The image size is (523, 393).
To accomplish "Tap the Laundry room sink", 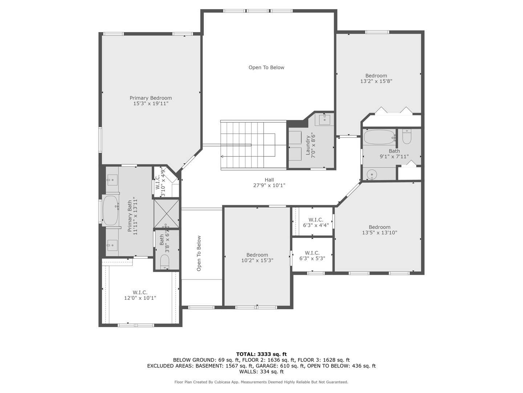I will [x=324, y=119].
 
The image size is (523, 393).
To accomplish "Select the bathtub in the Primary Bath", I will [x=110, y=211].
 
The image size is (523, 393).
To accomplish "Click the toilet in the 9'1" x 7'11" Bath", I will [x=406, y=137].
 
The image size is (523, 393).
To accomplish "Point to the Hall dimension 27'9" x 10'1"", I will [x=269, y=185].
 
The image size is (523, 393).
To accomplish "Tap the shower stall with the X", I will [x=166, y=213].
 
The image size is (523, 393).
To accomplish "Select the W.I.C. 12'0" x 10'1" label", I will [x=140, y=295].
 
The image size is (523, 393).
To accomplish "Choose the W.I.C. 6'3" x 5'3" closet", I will [x=312, y=255].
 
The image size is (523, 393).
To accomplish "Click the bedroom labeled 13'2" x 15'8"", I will [x=376, y=79].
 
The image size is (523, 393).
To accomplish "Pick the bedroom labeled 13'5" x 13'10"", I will [x=380, y=230].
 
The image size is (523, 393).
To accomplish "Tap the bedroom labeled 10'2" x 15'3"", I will [x=257, y=258].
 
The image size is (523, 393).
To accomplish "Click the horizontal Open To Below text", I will [x=266, y=67].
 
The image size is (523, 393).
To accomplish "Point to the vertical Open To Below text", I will [x=199, y=253].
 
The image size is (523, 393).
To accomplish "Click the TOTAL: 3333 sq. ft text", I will [x=261, y=354].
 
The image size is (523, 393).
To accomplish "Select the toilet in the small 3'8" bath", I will [x=165, y=262].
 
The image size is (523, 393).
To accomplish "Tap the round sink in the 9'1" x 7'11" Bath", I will [x=372, y=175].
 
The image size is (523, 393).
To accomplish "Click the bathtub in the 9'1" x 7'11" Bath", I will [x=379, y=137].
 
